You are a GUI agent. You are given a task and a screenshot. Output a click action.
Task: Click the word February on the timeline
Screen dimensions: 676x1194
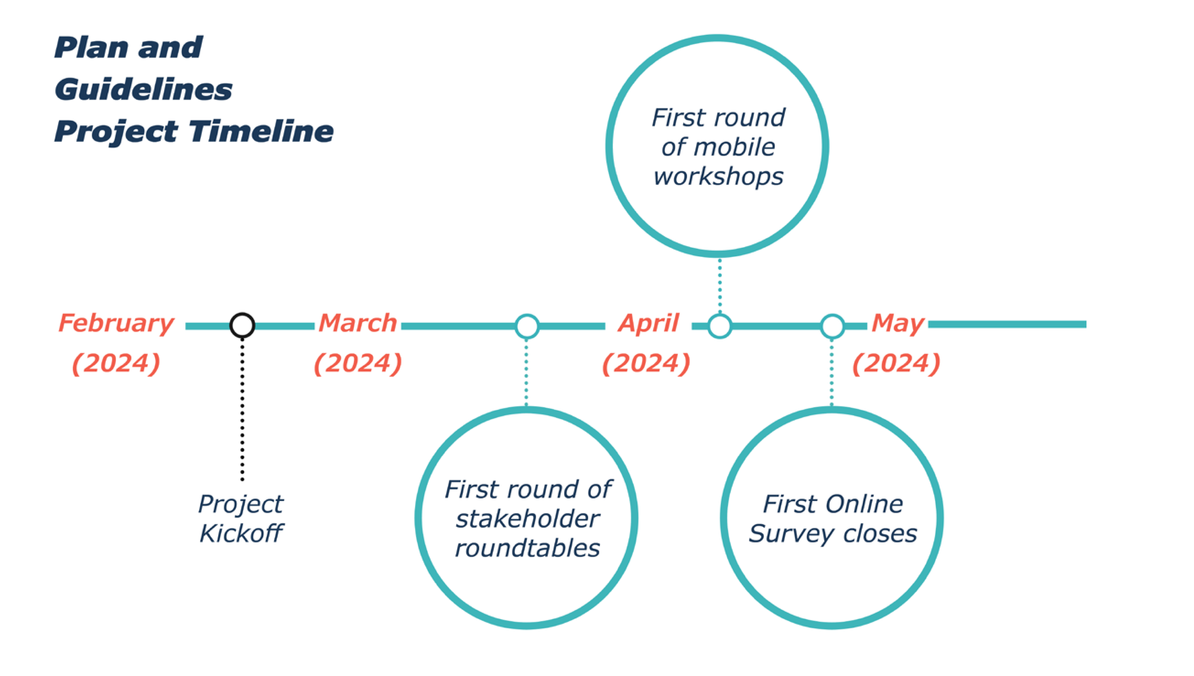coord(116,323)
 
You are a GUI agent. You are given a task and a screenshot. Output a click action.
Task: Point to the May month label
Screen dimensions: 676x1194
coord(898,323)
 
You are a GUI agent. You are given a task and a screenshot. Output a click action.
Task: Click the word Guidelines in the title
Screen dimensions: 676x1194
coord(144,90)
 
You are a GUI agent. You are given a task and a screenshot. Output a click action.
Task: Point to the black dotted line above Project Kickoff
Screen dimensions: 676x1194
coord(242,409)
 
